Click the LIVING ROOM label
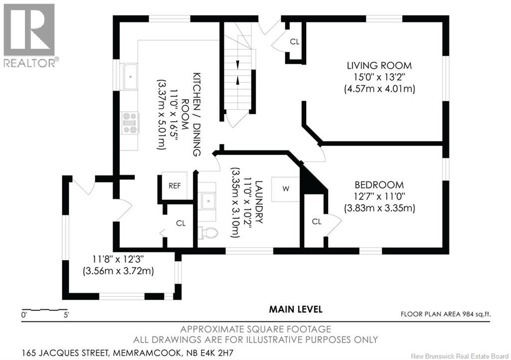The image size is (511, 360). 379,65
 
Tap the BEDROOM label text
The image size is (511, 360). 379,185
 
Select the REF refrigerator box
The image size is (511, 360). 174,185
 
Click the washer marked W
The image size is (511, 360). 285,189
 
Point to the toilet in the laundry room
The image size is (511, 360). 208,233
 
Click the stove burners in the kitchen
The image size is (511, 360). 130,123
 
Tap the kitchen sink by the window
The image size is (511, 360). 129,77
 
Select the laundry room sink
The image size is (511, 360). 207,201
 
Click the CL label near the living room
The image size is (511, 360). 294,42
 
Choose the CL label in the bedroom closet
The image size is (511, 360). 316,222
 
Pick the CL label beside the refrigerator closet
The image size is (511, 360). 181,223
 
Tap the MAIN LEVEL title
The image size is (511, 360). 295,309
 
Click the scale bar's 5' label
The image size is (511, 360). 66,315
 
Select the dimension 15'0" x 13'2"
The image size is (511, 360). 379,77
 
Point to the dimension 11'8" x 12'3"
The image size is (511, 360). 118,259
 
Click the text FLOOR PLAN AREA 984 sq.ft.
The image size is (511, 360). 446,314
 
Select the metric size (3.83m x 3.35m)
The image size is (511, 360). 379,208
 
